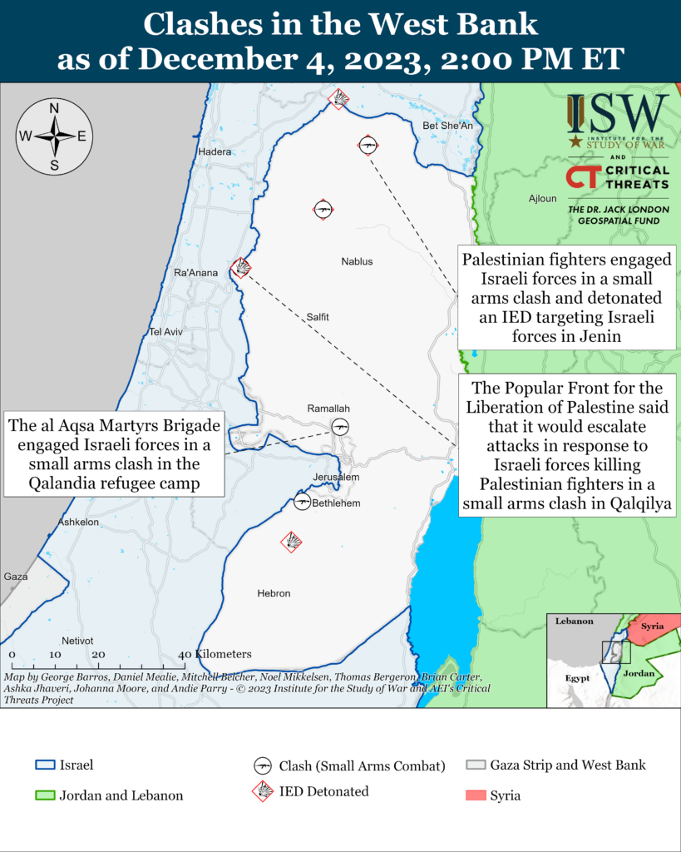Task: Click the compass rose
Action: tap(54, 136)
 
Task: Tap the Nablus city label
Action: tap(357, 262)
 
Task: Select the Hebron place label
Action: tap(274, 593)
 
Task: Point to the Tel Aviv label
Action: tap(165, 332)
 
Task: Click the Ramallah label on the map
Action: tap(328, 409)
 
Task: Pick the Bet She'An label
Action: tap(447, 126)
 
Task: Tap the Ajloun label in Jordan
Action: tap(542, 199)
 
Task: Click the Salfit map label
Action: tap(317, 317)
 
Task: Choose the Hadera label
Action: tap(214, 151)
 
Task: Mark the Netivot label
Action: tap(77, 640)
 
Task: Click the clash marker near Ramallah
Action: tap(340, 427)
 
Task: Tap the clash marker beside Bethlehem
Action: tap(303, 502)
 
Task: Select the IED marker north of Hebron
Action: tap(291, 542)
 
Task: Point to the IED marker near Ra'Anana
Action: tap(242, 267)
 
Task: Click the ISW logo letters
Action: tap(618, 112)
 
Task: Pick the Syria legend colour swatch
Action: tap(475, 795)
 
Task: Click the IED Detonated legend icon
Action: tap(264, 791)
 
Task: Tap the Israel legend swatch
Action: tap(44, 765)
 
